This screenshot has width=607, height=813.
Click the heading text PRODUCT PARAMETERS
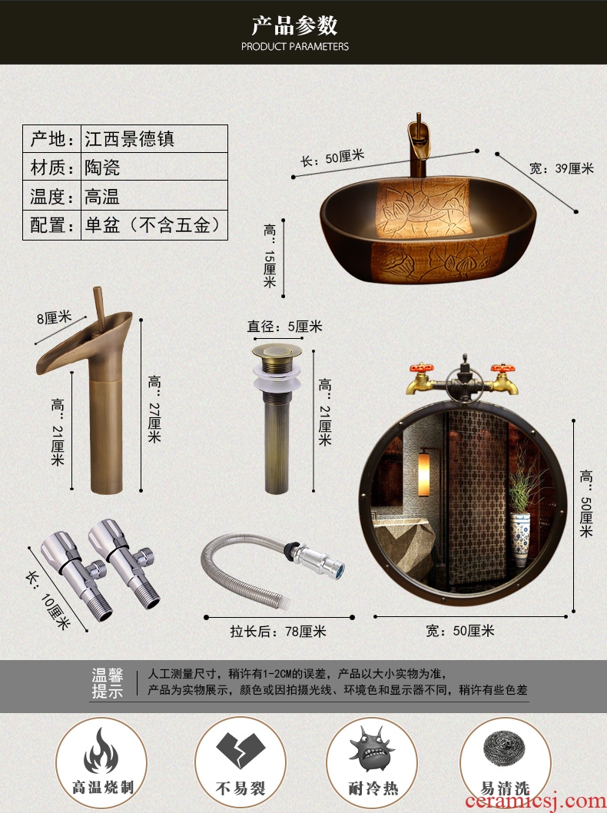[x=294, y=47]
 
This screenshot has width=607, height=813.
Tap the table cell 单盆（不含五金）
[x=154, y=225]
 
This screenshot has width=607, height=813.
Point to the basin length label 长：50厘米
[x=332, y=158]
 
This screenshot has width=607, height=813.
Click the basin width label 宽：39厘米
[x=562, y=168]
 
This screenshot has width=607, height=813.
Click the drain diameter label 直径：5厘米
[x=284, y=326]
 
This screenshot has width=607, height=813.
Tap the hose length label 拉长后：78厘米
[x=278, y=632]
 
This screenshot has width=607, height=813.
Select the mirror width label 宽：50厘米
[x=460, y=630]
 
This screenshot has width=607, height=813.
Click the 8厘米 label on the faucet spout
[x=54, y=317]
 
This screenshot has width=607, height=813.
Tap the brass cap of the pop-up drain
[x=277, y=351]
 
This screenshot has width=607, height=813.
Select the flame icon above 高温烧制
[x=101, y=752]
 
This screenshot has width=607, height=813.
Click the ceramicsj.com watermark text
[x=536, y=801]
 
